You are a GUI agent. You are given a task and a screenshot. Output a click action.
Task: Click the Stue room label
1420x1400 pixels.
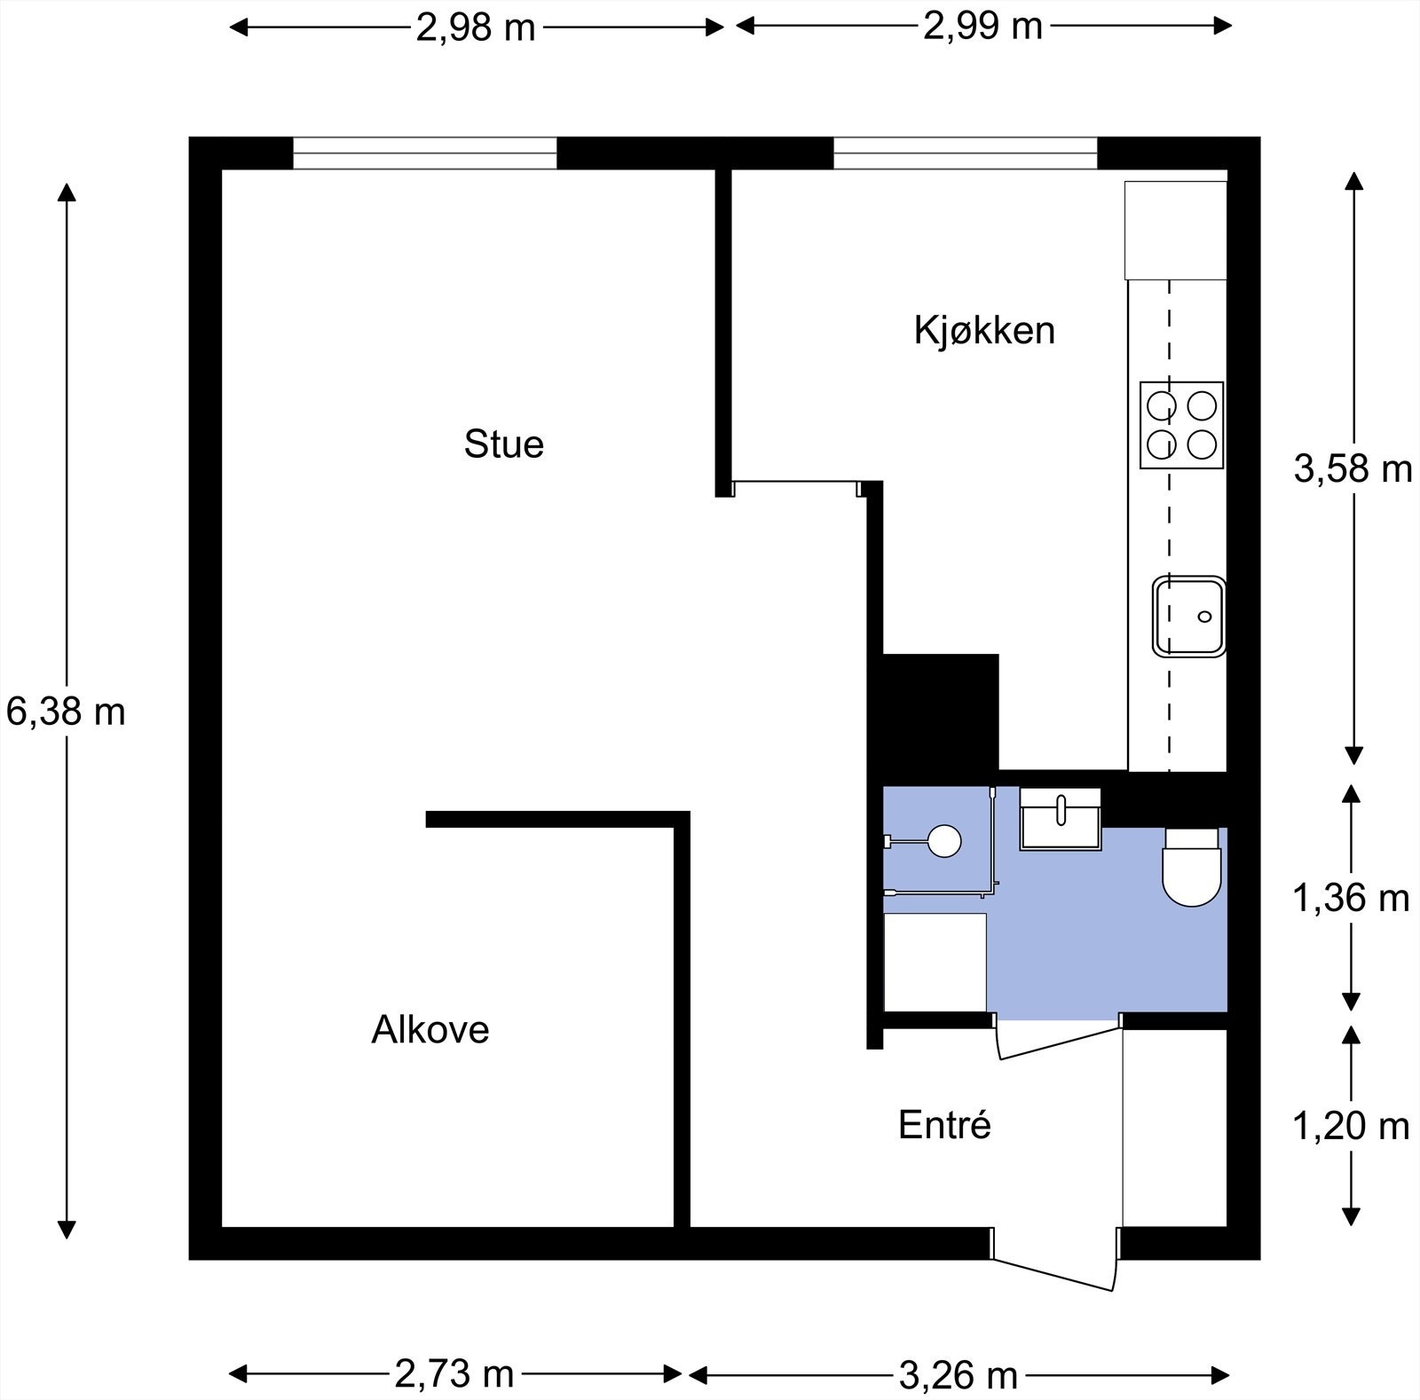[x=503, y=444]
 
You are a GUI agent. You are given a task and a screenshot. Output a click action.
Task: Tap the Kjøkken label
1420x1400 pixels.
[x=984, y=330]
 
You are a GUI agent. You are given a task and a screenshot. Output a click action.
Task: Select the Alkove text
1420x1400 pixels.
[x=430, y=1029]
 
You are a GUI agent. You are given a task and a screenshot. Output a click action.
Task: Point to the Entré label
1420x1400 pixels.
[x=944, y=1125]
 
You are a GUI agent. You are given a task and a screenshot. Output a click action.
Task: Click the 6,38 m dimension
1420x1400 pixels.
[x=66, y=712]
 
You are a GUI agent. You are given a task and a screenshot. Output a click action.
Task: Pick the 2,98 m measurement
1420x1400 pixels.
[x=477, y=28]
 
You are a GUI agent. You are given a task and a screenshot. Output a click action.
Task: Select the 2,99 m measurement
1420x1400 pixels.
[x=982, y=27]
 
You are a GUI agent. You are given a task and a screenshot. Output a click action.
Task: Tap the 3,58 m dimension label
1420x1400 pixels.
[x=1353, y=468]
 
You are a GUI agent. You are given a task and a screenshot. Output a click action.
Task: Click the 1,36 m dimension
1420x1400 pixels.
[x=1351, y=899]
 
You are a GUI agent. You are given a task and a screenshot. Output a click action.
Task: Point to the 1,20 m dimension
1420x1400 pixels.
[x=1351, y=1126]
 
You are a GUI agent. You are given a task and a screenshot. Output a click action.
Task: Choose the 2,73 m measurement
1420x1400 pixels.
[x=454, y=1374]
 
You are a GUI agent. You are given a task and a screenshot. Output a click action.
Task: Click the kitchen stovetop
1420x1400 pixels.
[x=1182, y=425]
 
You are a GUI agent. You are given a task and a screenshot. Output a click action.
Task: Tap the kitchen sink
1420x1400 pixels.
[x=1189, y=617]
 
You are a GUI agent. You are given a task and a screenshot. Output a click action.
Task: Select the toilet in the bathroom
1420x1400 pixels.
[x=1192, y=867]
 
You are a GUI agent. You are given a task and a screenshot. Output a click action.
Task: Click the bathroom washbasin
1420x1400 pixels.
[x=1061, y=820]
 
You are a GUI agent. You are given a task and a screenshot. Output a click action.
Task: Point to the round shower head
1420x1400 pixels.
[x=943, y=840]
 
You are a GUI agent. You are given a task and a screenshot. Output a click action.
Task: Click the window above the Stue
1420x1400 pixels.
[x=425, y=153]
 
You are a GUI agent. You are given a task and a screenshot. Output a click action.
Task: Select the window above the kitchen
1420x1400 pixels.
[x=966, y=153]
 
